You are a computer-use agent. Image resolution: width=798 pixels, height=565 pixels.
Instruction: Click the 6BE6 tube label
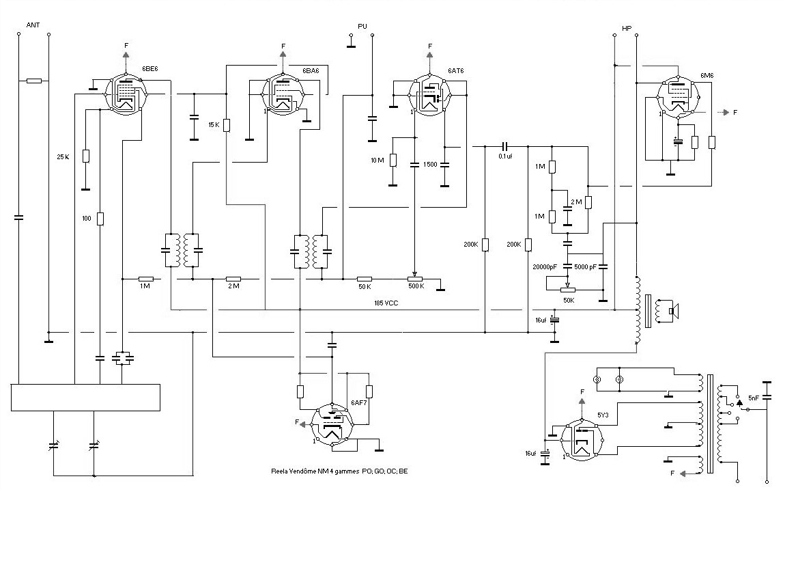click(x=150, y=69)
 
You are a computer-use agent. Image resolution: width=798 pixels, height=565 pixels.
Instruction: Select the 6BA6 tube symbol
click(x=283, y=94)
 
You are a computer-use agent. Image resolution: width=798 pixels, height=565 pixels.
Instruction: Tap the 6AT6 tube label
click(x=456, y=71)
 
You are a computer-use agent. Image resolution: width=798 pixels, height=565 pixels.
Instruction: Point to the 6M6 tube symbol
click(x=678, y=96)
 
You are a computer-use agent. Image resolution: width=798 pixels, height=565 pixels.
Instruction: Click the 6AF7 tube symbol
click(x=332, y=425)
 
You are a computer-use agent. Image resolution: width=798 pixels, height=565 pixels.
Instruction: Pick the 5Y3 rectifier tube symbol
click(x=582, y=440)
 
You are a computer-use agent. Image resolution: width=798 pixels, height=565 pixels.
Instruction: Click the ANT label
click(x=33, y=25)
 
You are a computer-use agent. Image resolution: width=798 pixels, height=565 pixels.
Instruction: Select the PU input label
click(x=362, y=27)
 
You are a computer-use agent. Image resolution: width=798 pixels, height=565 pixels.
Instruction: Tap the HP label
click(x=627, y=29)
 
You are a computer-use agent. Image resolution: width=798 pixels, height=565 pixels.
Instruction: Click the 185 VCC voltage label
click(x=386, y=303)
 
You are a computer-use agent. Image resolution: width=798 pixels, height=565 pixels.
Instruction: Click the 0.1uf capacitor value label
click(x=505, y=156)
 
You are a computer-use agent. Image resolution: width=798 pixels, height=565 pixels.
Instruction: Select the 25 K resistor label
click(x=63, y=157)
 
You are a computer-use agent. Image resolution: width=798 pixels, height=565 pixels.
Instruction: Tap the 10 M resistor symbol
click(x=393, y=161)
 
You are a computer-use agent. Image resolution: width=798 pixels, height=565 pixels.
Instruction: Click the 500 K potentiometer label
click(x=416, y=286)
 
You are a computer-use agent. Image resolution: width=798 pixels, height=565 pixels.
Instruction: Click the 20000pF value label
click(x=545, y=267)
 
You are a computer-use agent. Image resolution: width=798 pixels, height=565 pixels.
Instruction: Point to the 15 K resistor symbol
click(x=227, y=125)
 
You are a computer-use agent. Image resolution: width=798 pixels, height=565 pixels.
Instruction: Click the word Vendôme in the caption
click(x=302, y=471)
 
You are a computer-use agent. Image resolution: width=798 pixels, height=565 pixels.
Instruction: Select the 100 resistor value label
click(x=87, y=219)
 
